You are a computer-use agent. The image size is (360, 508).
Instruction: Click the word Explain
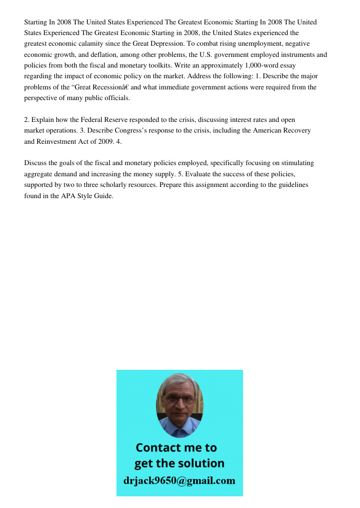click(43, 120)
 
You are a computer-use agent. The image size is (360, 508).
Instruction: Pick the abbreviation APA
click(75, 196)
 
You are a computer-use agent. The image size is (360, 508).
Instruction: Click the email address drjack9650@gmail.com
click(179, 481)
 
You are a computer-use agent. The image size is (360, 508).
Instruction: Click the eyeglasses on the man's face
click(175, 400)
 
